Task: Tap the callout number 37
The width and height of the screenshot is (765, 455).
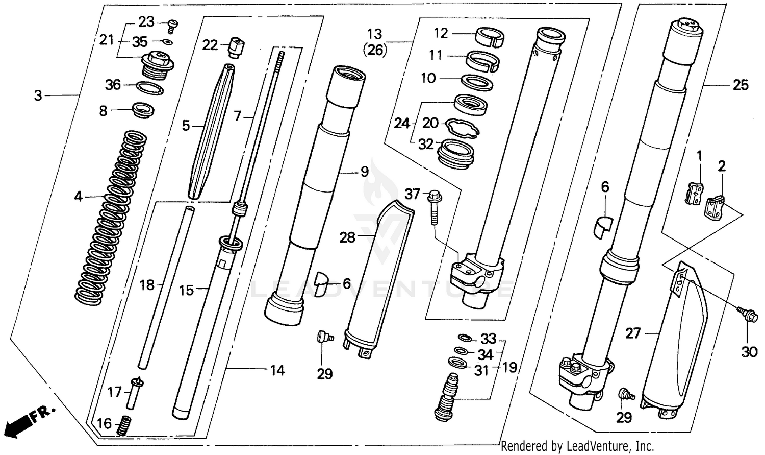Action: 412,194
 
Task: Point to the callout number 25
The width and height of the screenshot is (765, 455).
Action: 741,85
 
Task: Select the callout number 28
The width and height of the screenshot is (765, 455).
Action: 347,237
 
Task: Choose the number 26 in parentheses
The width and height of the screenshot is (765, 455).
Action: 374,50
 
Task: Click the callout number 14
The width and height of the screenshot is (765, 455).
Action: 277,370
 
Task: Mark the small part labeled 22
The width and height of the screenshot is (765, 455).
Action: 236,47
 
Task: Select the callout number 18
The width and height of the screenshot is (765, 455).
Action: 147,285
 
